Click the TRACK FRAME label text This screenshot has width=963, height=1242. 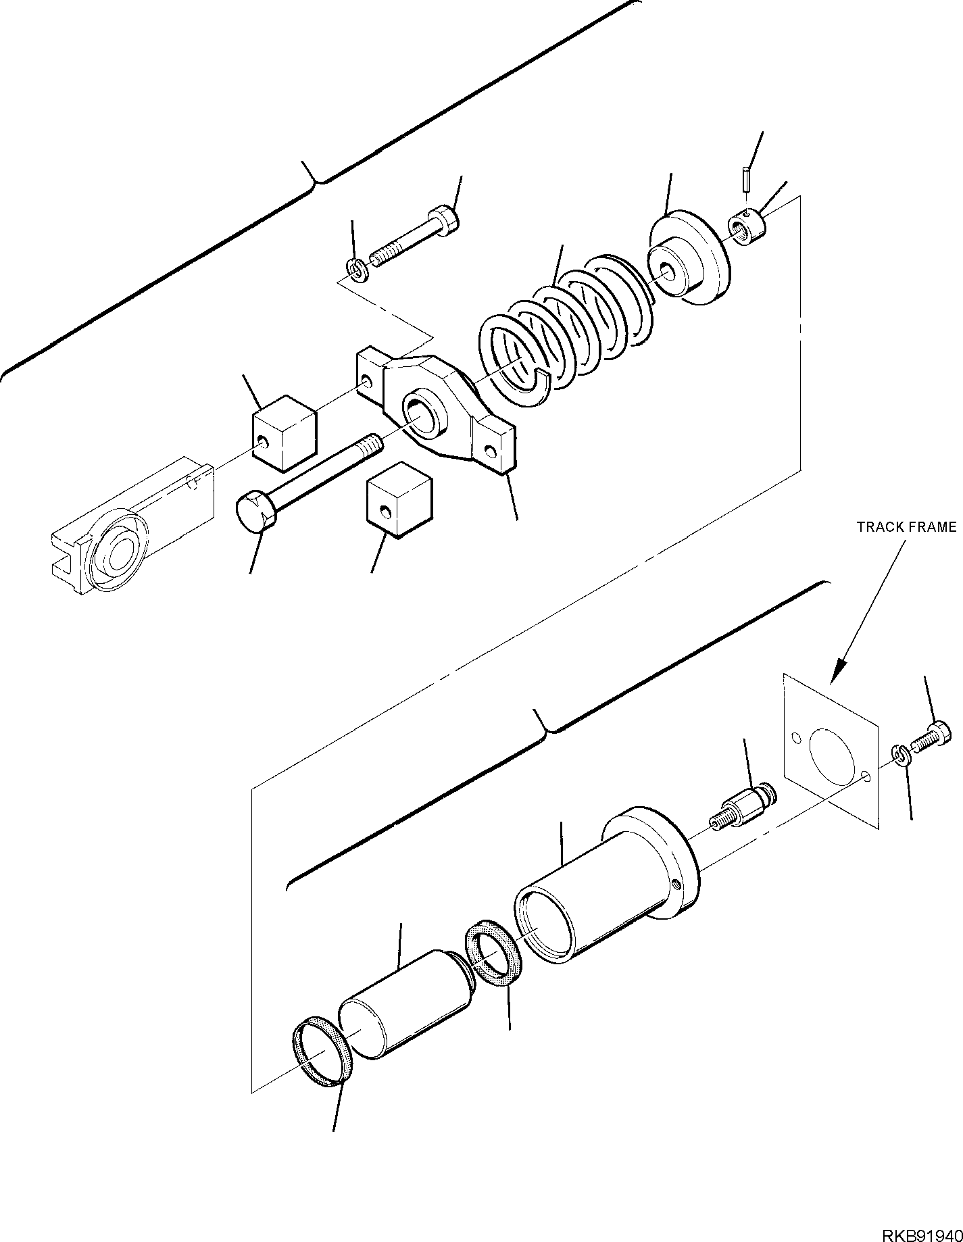pos(906,527)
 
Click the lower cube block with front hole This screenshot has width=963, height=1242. pos(399,500)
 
